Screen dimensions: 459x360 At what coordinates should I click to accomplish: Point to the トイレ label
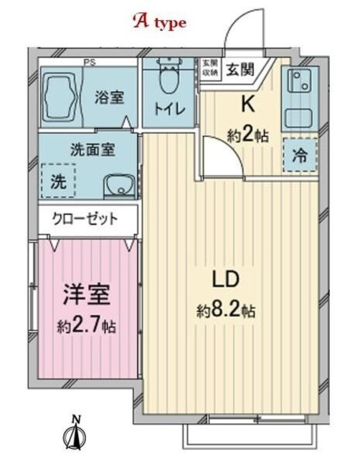(x=169, y=110)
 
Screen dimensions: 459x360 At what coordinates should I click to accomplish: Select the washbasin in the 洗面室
(x=117, y=186)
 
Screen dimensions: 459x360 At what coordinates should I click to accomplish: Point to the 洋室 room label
(x=82, y=296)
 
